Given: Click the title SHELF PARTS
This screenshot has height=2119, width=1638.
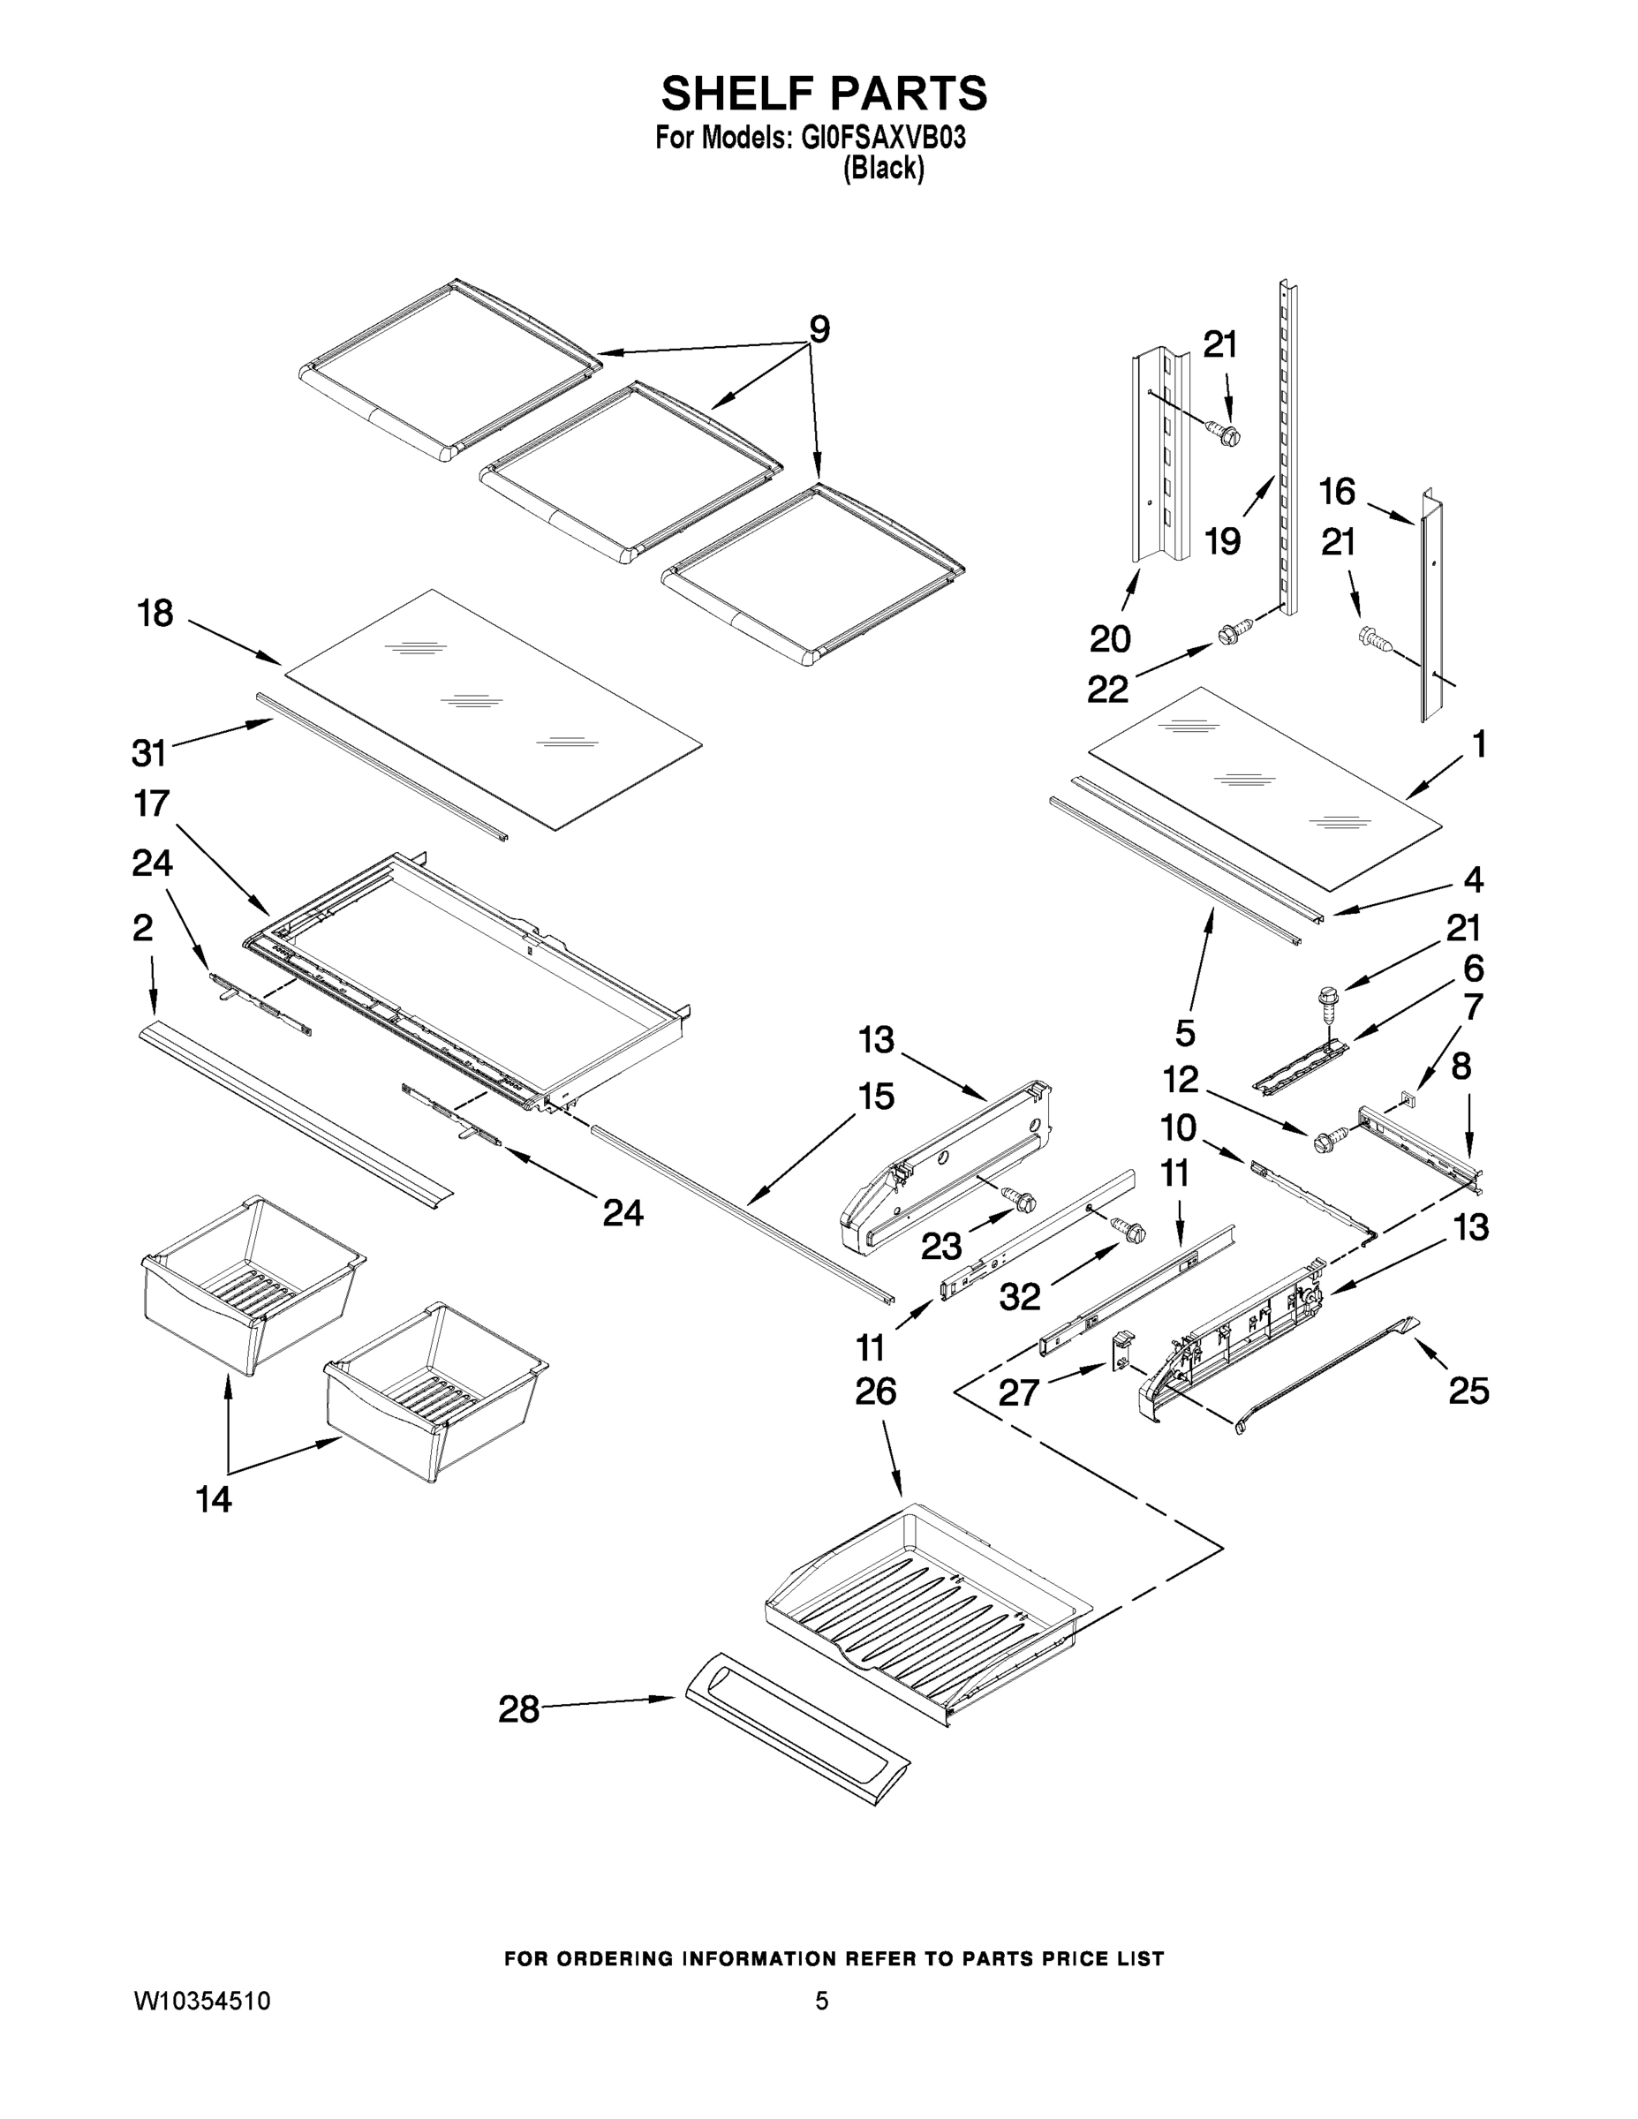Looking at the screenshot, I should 824,94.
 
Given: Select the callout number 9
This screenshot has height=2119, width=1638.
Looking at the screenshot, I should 820,330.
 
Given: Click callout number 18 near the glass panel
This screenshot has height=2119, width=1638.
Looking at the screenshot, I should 155,614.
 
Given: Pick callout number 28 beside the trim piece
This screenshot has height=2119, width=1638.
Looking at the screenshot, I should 518,1709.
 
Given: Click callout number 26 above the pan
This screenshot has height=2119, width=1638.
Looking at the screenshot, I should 875,1391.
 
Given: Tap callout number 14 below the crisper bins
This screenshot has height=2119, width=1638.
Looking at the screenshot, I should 214,1500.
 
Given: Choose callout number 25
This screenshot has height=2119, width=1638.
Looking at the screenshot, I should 1468,1391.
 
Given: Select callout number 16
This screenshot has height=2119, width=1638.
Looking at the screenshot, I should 1337,492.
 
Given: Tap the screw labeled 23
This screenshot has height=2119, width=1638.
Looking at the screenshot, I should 1022,1201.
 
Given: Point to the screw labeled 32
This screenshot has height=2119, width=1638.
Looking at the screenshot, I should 1130,1230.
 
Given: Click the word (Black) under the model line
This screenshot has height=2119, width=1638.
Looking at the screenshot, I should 883,169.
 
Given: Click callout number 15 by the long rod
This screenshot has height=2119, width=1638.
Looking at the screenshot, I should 875,1097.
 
